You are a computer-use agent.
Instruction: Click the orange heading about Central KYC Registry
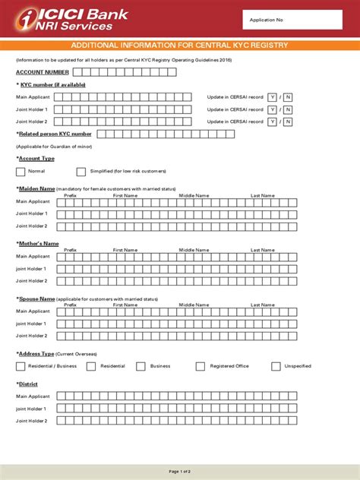(x=179, y=46)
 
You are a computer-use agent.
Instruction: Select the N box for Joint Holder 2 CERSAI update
(x=288, y=122)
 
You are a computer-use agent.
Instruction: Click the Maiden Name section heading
(x=36, y=188)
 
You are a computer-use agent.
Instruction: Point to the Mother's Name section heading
(x=38, y=243)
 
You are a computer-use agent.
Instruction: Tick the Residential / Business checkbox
(x=21, y=366)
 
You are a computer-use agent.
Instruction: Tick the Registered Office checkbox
(x=201, y=366)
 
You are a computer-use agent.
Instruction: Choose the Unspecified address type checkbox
(x=276, y=366)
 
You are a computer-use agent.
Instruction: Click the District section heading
(x=29, y=384)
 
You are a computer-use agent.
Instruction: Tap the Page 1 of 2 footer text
(x=180, y=471)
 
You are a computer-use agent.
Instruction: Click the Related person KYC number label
(x=44, y=134)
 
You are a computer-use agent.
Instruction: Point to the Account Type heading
(x=36, y=158)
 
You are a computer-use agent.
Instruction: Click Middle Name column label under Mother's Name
(x=194, y=250)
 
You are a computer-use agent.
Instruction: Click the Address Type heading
(x=36, y=354)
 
